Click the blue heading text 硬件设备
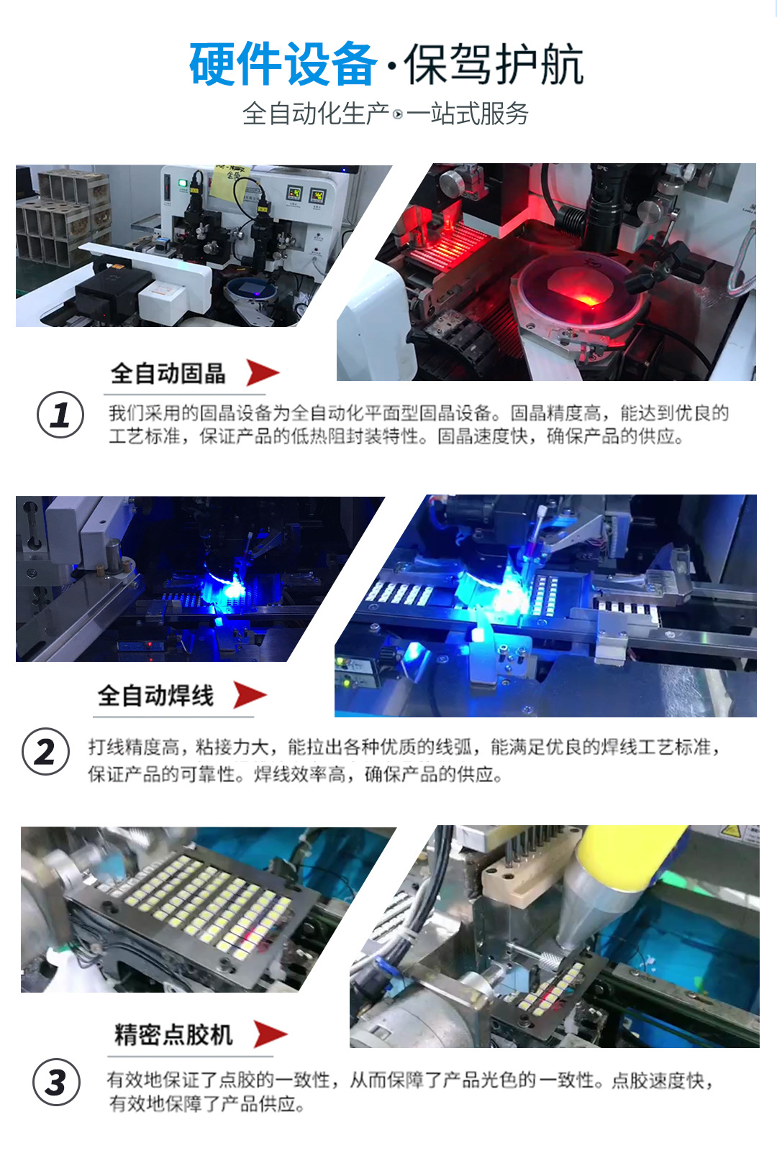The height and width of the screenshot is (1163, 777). (282, 65)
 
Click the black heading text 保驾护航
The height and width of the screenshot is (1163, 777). (494, 65)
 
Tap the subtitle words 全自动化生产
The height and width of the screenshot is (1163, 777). (315, 114)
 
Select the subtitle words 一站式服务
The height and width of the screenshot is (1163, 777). (468, 114)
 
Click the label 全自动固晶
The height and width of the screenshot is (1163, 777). (168, 374)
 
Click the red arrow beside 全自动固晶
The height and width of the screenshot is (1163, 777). (262, 373)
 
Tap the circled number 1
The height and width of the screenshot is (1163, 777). (60, 415)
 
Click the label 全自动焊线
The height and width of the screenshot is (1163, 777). (155, 696)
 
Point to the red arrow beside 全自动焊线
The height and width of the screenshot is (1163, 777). (250, 695)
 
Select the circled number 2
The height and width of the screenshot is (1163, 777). (46, 752)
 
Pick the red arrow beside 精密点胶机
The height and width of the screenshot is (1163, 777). (270, 1034)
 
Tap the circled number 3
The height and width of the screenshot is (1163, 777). (56, 1082)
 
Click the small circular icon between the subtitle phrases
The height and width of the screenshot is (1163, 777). (398, 114)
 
